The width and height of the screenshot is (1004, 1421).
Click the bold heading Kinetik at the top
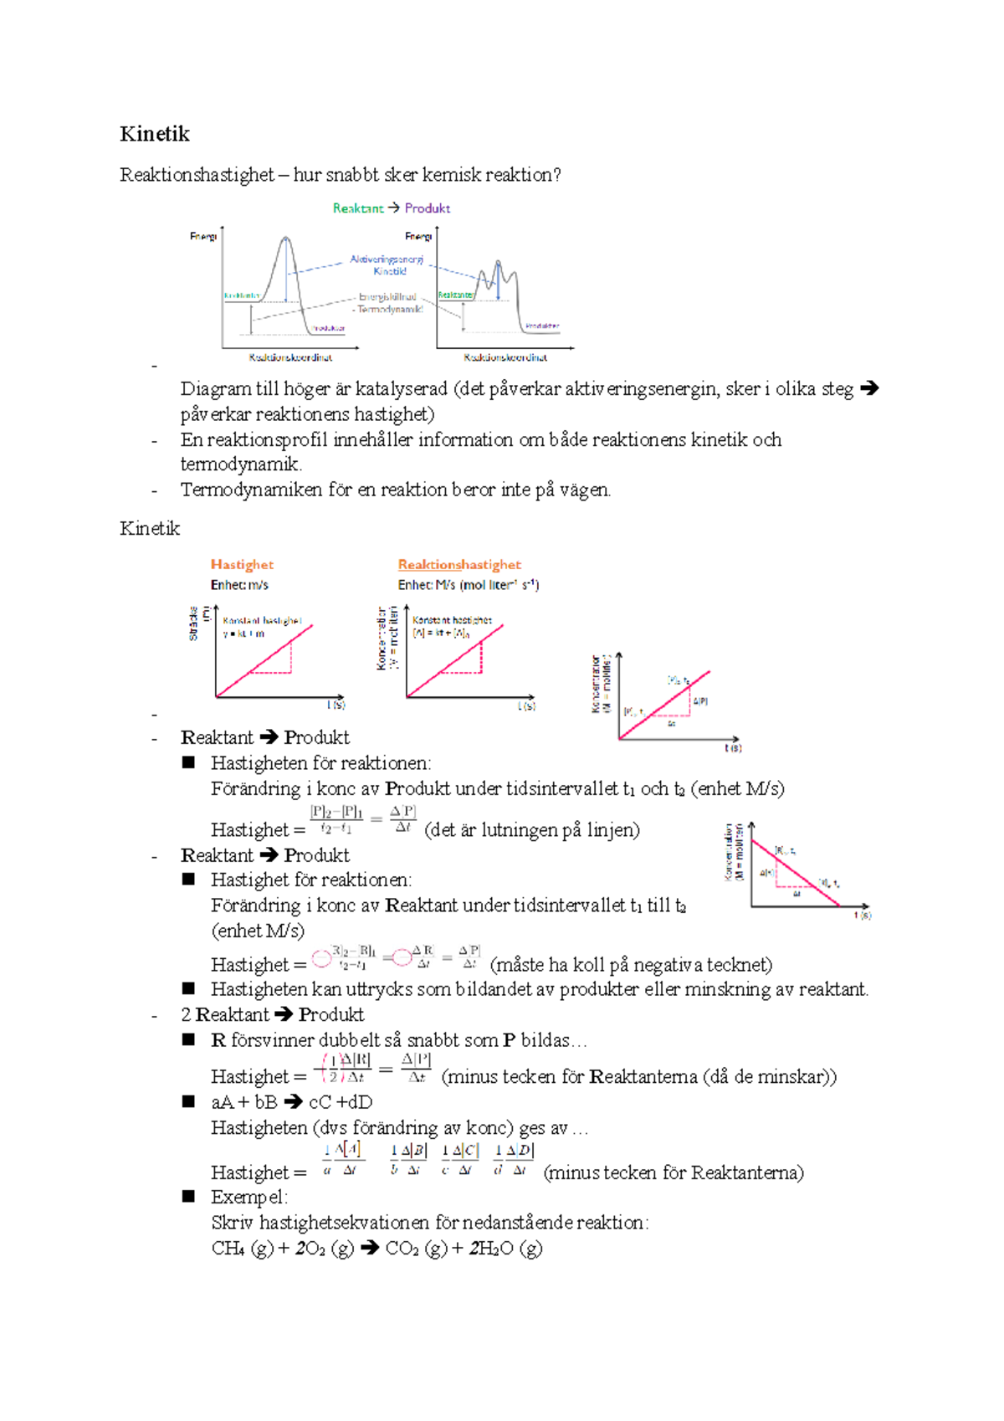pyautogui.click(x=155, y=134)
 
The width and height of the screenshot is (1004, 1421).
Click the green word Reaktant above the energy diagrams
pyautogui.click(x=358, y=208)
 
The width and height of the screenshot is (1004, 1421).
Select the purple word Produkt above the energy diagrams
pyautogui.click(x=428, y=208)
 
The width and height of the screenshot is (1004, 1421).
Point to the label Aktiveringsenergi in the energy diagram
pyautogui.click(x=387, y=260)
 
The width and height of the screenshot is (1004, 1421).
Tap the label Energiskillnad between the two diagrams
pyautogui.click(x=387, y=297)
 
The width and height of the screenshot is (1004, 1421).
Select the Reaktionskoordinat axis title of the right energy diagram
pyautogui.click(x=505, y=357)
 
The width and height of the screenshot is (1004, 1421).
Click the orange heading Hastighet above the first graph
pyautogui.click(x=242, y=565)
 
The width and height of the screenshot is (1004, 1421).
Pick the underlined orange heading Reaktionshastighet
pyautogui.click(x=459, y=565)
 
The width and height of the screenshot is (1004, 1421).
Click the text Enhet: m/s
pyautogui.click(x=239, y=585)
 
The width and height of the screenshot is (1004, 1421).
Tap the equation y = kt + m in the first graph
pyautogui.click(x=243, y=634)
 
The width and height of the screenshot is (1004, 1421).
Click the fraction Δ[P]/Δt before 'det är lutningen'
pyautogui.click(x=403, y=818)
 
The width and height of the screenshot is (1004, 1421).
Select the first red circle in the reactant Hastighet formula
pyautogui.click(x=321, y=959)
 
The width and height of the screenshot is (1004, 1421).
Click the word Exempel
pyautogui.click(x=248, y=1197)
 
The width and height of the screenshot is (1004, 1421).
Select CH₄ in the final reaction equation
pyautogui.click(x=228, y=1249)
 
